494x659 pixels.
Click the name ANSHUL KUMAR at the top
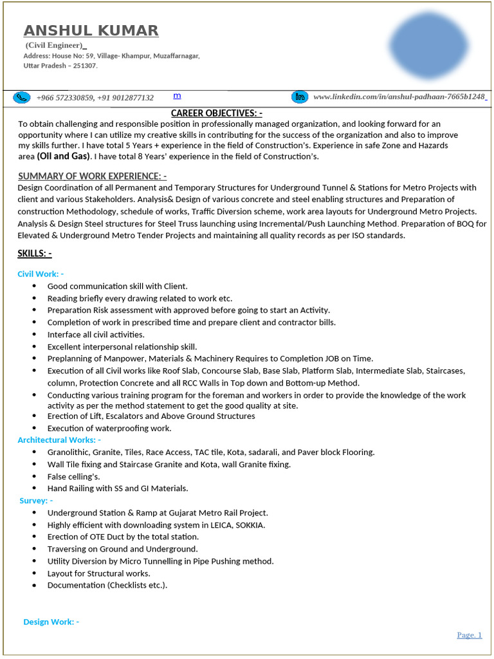click(x=91, y=30)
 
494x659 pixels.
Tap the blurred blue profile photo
click(x=429, y=45)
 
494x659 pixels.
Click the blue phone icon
click(x=23, y=97)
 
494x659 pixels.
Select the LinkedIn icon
click(x=300, y=97)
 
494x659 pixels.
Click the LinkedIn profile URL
click(x=399, y=97)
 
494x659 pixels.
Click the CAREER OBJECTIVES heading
click(x=216, y=113)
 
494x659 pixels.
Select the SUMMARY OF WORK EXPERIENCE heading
click(x=93, y=176)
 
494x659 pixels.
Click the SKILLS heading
click(x=35, y=253)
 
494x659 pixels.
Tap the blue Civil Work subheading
click(x=41, y=274)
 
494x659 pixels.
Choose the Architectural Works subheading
click(x=59, y=440)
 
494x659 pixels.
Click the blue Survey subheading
click(x=36, y=500)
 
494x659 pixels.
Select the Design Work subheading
click(x=51, y=622)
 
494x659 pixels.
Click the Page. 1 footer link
click(x=469, y=635)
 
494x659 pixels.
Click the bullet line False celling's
click(x=73, y=476)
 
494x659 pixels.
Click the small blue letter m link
click(x=177, y=95)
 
